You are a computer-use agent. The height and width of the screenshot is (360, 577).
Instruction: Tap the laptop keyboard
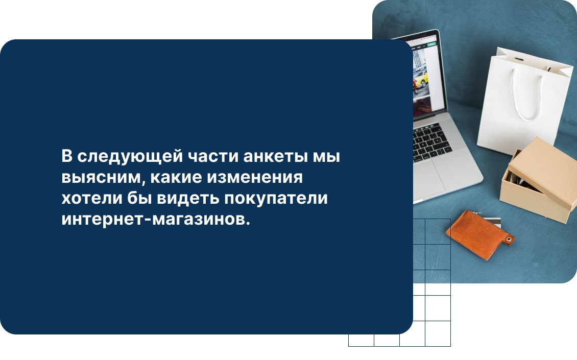(431, 140)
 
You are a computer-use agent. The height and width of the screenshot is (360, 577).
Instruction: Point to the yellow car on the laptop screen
(420, 79)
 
